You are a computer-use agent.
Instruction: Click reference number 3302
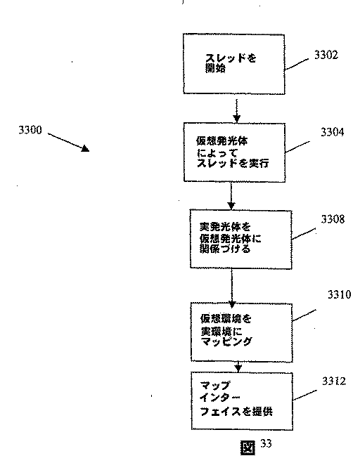[x=324, y=55]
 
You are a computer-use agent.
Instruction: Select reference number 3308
[x=333, y=219]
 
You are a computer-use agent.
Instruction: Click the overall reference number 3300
[x=30, y=130]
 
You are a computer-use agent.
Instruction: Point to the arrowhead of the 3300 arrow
[x=85, y=150]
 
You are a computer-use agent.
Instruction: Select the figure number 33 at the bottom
[x=265, y=443]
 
